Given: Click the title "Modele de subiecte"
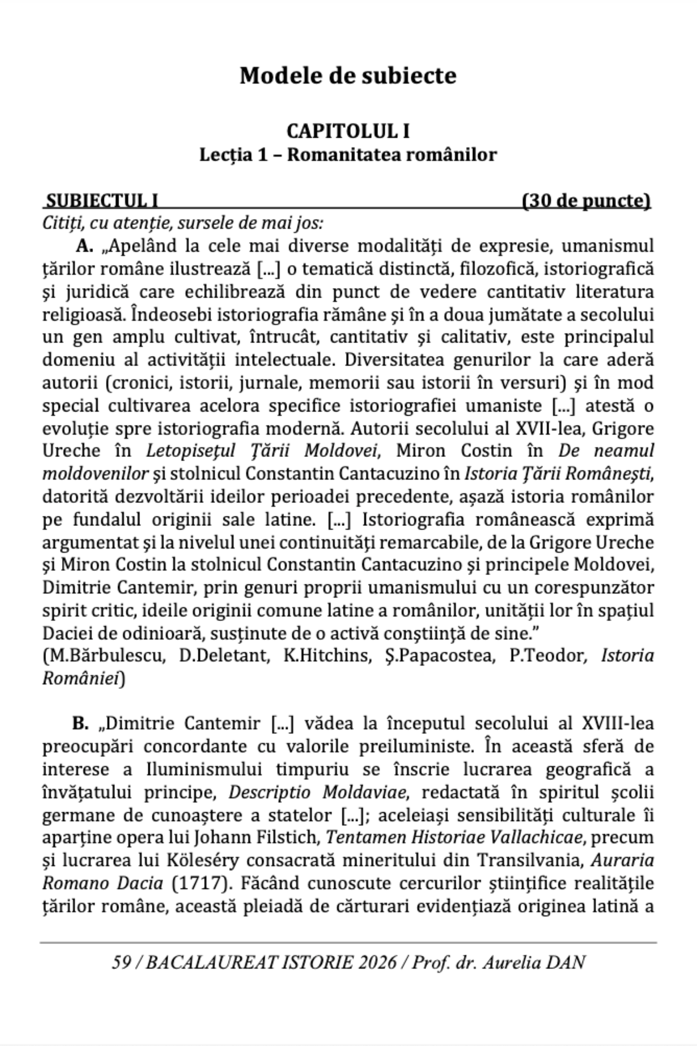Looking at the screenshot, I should (348, 76).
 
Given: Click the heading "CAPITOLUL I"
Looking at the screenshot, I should (348, 132).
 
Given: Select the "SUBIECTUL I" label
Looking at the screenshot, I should (103, 200).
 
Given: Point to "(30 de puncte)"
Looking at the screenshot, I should (586, 200).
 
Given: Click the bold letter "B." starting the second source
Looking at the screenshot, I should (80, 723).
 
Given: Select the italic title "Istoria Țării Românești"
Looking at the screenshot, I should (559, 473).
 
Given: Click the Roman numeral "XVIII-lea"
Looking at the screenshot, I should (617, 723).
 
